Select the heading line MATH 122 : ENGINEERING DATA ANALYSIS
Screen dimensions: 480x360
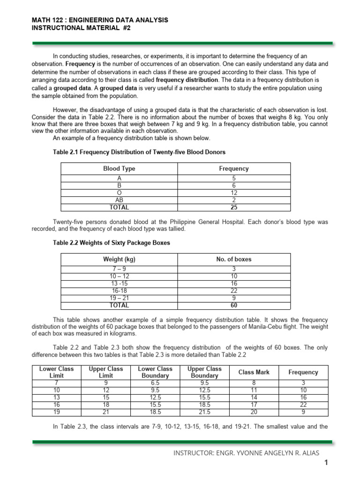[x=99, y=20]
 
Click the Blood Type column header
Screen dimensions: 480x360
[x=119, y=168]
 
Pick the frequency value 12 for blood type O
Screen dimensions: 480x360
[x=233, y=193]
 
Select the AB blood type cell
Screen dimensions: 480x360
[x=119, y=200]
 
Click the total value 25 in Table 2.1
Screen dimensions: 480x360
[x=233, y=207]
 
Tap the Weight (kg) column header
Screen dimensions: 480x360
[x=119, y=259]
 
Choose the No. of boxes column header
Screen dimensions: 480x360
[x=233, y=259]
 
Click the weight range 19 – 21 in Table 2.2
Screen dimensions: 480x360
[x=119, y=297]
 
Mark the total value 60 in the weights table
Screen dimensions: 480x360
[x=233, y=305]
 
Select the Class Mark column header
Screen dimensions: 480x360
[x=254, y=372]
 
